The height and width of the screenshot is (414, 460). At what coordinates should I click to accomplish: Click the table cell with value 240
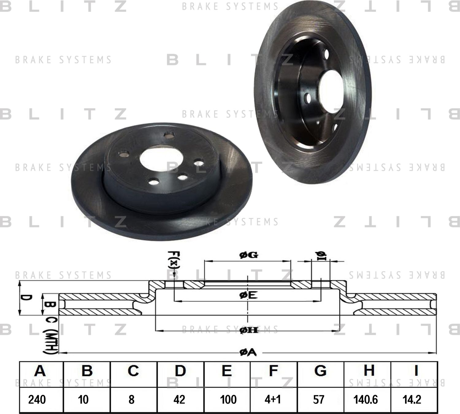pyautogui.click(x=37, y=400)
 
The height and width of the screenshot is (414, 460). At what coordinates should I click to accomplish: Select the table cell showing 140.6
pyautogui.click(x=366, y=400)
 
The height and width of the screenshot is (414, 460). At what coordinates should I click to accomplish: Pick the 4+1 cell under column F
pyautogui.click(x=273, y=400)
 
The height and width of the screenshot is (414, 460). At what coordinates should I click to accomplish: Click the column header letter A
pyautogui.click(x=40, y=371)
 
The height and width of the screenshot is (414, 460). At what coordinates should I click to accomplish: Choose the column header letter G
pyautogui.click(x=320, y=371)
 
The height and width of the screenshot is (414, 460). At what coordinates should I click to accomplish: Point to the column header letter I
pyautogui.click(x=416, y=371)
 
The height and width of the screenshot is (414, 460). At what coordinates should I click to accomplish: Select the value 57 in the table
pyautogui.click(x=319, y=400)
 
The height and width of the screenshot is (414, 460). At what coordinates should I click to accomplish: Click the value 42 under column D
pyautogui.click(x=179, y=400)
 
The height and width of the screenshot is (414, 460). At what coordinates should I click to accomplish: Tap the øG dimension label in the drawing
pyautogui.click(x=249, y=255)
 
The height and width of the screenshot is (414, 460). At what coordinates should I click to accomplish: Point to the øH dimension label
pyautogui.click(x=249, y=330)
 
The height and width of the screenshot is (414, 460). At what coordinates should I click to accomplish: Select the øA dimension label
pyautogui.click(x=248, y=353)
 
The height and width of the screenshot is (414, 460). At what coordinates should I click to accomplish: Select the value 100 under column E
pyautogui.click(x=228, y=400)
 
